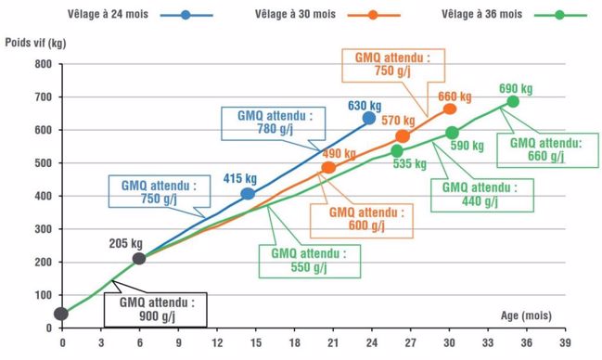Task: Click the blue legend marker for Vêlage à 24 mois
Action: coord(186,16)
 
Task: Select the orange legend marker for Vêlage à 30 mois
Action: coord(372,16)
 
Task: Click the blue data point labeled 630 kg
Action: coord(368,118)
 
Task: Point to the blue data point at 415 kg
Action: coord(248,194)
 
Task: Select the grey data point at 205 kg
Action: coord(139,259)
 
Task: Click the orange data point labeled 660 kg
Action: coord(450,109)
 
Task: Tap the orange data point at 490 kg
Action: coord(328,168)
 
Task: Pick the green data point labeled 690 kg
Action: coord(513,101)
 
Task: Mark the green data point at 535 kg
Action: coord(397,150)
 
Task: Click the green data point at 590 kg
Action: coord(452,133)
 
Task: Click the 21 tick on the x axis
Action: coord(331,342)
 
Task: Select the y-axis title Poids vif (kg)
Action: coord(35,43)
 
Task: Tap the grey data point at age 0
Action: coord(62,314)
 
